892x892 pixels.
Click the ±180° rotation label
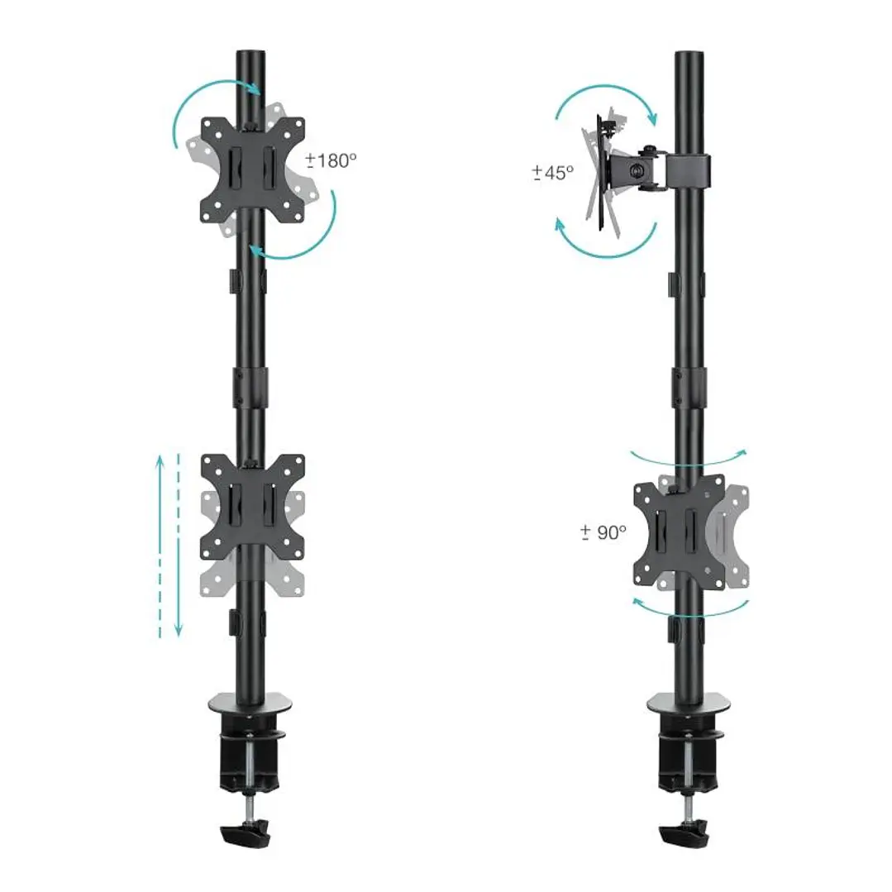[331, 160]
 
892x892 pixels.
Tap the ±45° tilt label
[552, 173]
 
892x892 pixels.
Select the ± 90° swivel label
[603, 532]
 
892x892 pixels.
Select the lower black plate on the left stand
[251, 506]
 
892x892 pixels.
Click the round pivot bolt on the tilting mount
[635, 169]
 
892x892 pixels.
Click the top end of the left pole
[250, 56]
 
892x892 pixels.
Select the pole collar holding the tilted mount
[691, 169]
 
